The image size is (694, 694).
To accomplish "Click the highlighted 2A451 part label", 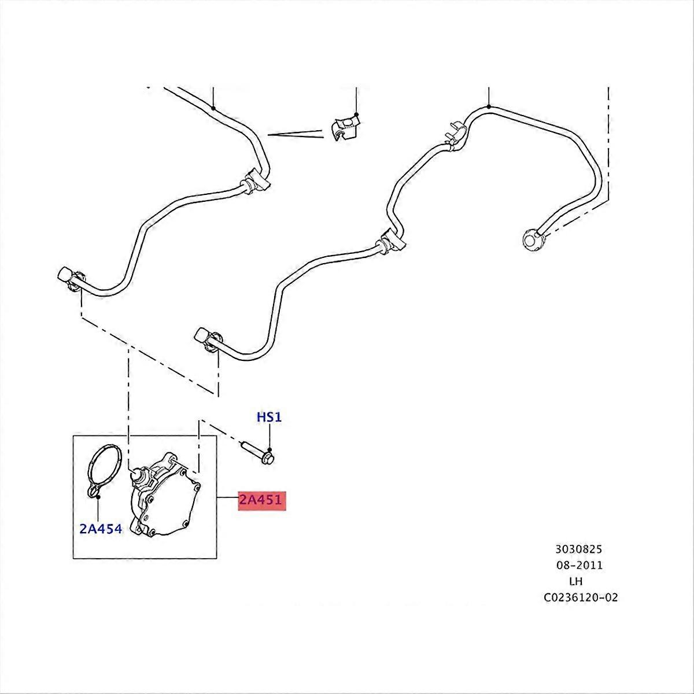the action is pyautogui.click(x=262, y=500).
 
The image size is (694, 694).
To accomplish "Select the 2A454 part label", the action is pyautogui.click(x=101, y=529).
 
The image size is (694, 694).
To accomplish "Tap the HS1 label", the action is pyautogui.click(x=269, y=417).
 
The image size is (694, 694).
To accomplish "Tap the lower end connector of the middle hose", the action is pyautogui.click(x=208, y=337).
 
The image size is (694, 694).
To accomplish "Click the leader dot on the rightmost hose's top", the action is pyautogui.click(x=489, y=106).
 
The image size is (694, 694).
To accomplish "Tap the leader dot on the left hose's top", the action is pyautogui.click(x=213, y=108).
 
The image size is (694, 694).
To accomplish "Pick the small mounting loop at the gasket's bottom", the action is pyautogui.click(x=94, y=492).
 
